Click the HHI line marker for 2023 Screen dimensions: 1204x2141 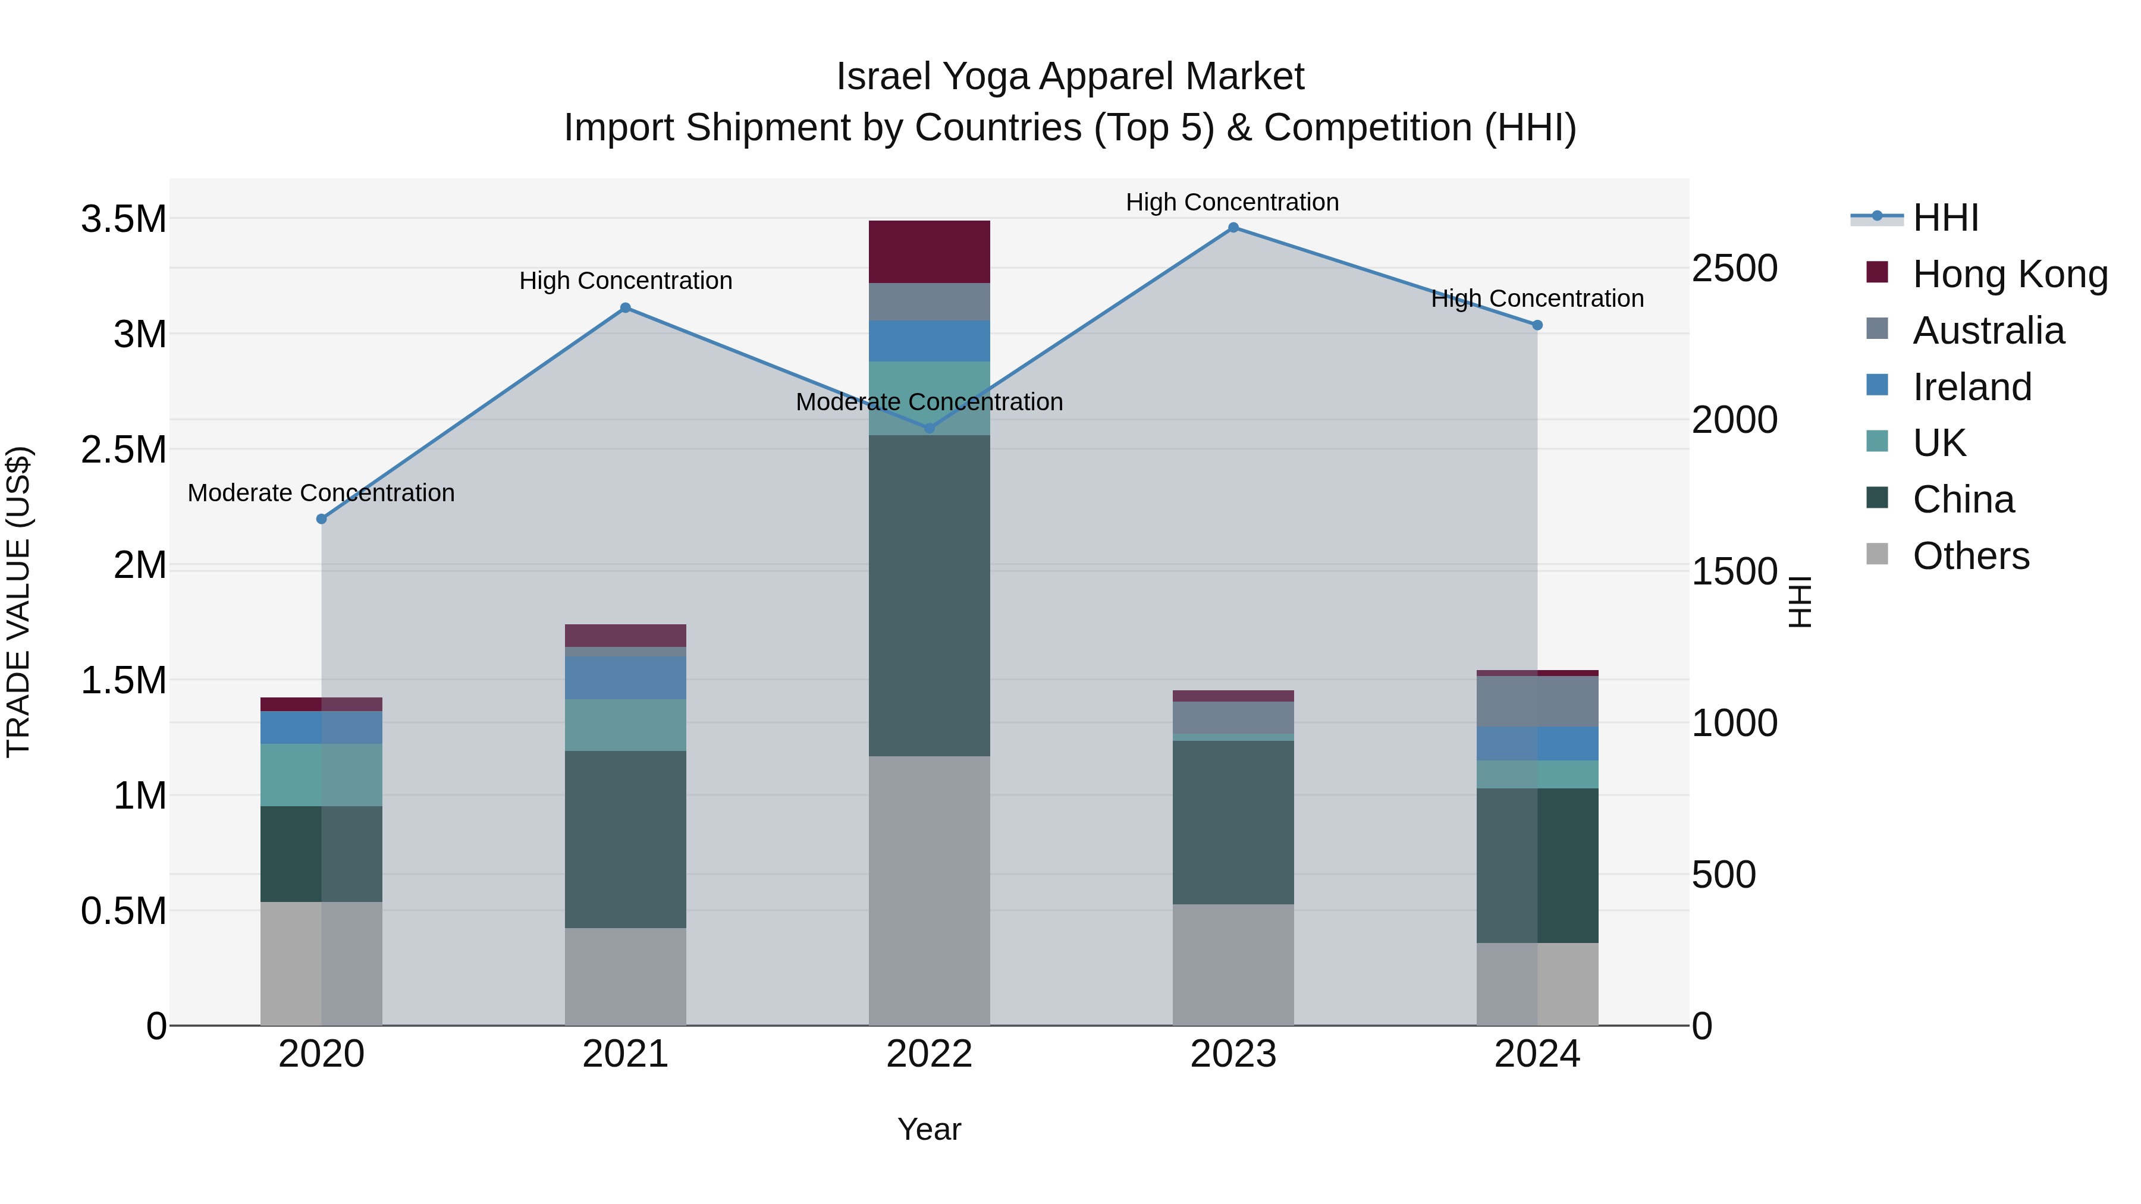(1233, 228)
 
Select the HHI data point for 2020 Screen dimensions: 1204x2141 (322, 519)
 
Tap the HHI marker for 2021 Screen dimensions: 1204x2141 (626, 308)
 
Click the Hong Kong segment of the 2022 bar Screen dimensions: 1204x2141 (929, 252)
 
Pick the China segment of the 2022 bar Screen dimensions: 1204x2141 (929, 595)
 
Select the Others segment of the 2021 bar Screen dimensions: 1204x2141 (626, 976)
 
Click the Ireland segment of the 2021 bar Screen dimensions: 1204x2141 (626, 678)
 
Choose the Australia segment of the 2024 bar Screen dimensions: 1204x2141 (1537, 702)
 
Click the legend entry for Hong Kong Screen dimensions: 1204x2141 (2010, 274)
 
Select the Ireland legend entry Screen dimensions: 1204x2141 (1972, 387)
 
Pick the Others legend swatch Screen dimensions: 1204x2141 (1877, 554)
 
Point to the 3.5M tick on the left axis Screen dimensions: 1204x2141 (123, 219)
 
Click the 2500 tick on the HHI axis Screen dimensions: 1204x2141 (1735, 268)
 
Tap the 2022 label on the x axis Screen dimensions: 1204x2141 (929, 1054)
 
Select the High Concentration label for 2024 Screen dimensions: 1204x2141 (1537, 298)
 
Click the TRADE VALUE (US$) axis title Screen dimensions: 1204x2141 (18, 602)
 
